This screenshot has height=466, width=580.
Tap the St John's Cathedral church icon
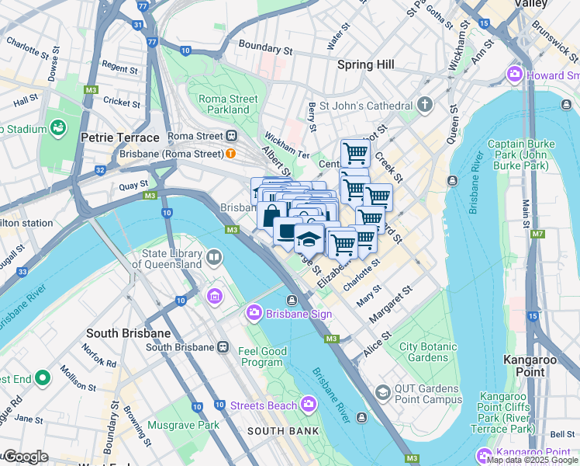(424, 105)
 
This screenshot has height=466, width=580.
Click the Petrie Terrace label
(119, 137)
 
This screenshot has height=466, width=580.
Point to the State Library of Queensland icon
(214, 257)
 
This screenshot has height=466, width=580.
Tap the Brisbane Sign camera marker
(254, 313)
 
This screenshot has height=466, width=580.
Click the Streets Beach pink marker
(309, 404)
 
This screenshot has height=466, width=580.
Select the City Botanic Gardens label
(423, 352)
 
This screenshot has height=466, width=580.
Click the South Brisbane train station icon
(223, 346)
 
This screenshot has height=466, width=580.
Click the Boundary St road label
(265, 47)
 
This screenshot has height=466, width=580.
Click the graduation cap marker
(309, 238)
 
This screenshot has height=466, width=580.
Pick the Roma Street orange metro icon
(230, 153)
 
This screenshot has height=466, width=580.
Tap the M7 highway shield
(537, 234)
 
